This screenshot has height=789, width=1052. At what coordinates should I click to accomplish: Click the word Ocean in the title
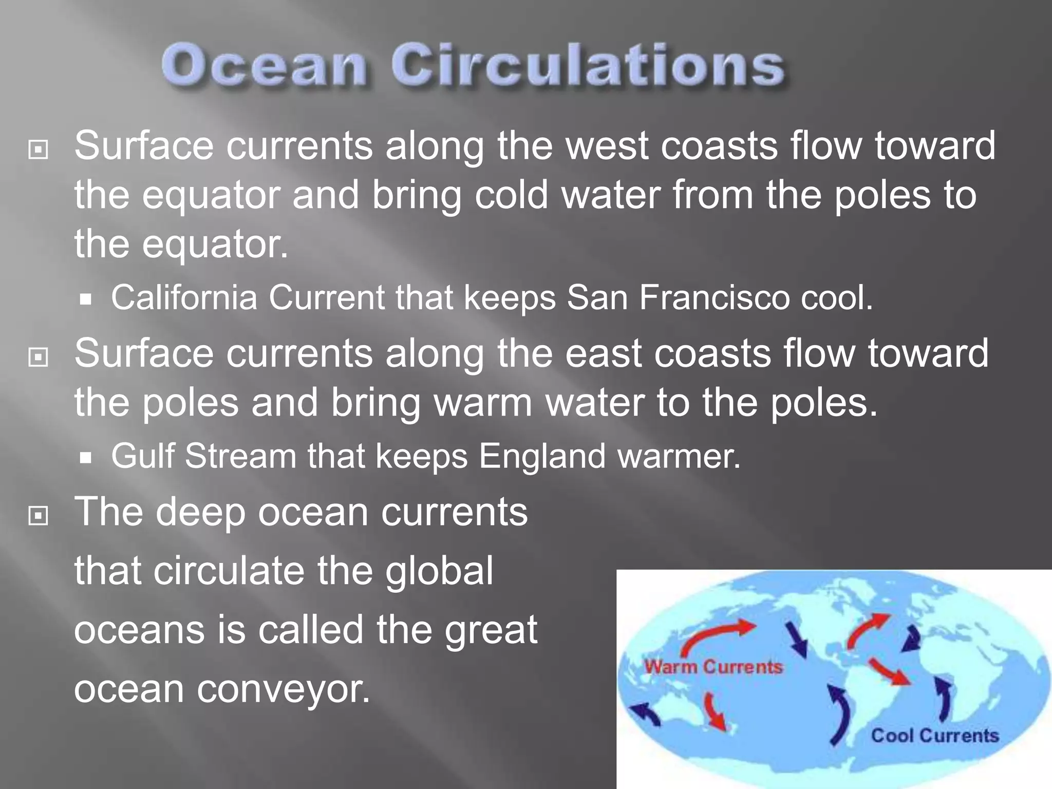[x=265, y=67]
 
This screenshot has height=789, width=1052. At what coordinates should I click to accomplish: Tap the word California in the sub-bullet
[x=184, y=298]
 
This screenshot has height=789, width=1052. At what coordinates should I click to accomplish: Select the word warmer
[x=679, y=456]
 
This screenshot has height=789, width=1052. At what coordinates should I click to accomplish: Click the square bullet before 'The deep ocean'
[x=39, y=515]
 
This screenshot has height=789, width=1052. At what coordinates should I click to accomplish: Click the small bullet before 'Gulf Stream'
[x=86, y=457]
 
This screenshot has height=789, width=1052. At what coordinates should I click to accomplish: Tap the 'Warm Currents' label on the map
[x=713, y=667]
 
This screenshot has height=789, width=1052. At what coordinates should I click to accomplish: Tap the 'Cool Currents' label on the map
[x=934, y=736]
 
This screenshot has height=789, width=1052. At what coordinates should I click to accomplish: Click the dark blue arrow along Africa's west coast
[x=944, y=699]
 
